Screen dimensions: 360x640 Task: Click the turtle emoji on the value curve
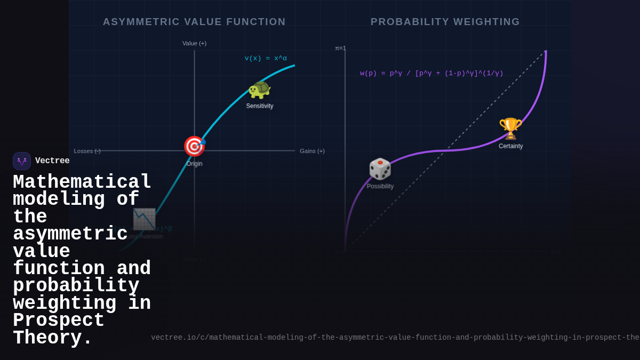[x=259, y=90]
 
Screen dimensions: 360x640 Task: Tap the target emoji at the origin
[x=194, y=146]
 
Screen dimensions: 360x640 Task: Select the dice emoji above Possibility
[x=380, y=169]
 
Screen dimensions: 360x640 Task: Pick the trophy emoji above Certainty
[x=510, y=129]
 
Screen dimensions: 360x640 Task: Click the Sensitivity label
[x=260, y=106]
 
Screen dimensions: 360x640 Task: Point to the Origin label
[x=194, y=164]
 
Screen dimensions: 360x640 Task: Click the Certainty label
[x=510, y=146]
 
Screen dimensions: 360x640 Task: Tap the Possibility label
[x=380, y=186]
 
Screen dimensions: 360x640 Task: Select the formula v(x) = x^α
[x=266, y=59]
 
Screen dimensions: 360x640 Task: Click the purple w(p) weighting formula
[x=431, y=74]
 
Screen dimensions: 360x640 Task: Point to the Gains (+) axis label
[x=312, y=151]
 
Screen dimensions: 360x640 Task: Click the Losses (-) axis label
[x=87, y=151]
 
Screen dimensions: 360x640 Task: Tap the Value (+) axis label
[x=194, y=43]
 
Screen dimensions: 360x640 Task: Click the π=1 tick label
[x=340, y=48]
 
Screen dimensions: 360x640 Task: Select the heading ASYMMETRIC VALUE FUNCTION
[x=194, y=22]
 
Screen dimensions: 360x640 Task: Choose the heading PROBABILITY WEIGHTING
[x=445, y=22]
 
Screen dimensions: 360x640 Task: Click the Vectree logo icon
[x=22, y=161]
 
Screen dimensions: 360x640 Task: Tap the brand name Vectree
[x=52, y=161]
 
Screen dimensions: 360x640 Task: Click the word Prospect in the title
[x=59, y=321]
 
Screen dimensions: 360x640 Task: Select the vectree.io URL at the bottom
[x=395, y=338]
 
